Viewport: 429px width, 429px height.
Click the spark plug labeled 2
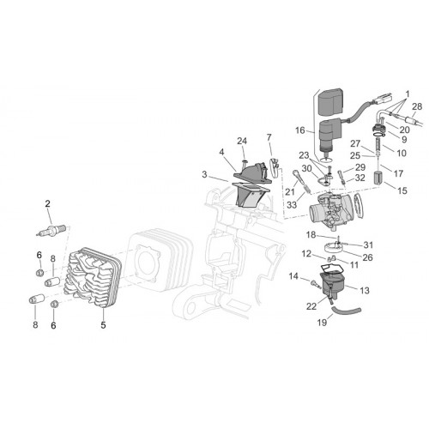coord(51,231)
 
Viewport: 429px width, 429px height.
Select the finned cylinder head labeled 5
coord(93,277)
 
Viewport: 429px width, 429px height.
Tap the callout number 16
coord(300,130)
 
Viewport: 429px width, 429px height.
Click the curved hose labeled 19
coord(346,311)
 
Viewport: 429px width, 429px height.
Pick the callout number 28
coord(417,106)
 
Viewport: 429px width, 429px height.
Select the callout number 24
coord(242,141)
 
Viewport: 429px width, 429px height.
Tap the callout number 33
coord(292,205)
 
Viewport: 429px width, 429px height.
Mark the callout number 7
coord(269,137)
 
